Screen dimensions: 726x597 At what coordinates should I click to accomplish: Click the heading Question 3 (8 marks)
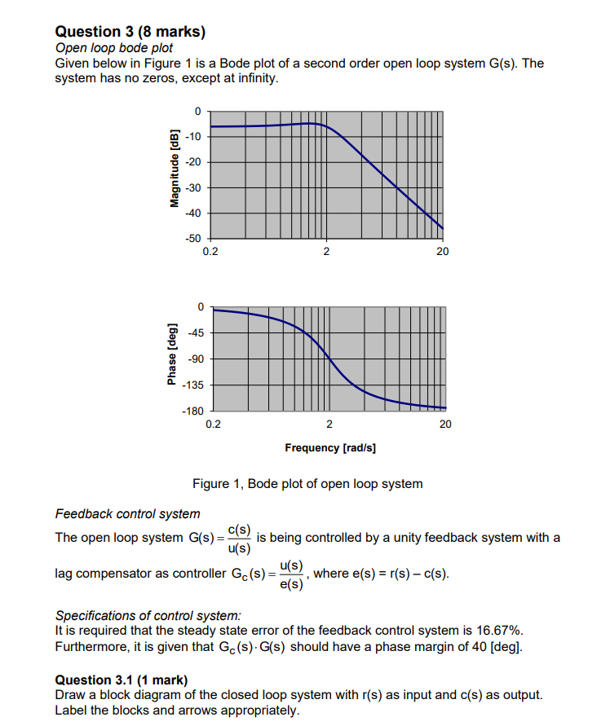click(x=130, y=32)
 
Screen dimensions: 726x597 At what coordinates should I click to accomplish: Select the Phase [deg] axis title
click(x=172, y=359)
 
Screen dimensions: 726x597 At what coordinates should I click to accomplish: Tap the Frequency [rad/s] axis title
click(x=329, y=448)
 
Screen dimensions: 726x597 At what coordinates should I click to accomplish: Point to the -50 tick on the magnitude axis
click(x=193, y=239)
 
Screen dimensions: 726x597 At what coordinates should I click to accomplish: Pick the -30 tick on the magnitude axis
click(x=193, y=188)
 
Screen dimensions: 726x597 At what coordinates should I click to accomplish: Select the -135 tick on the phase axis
click(x=192, y=385)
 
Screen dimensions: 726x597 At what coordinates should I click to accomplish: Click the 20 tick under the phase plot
click(x=445, y=425)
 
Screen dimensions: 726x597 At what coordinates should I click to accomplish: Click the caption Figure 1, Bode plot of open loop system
click(x=307, y=484)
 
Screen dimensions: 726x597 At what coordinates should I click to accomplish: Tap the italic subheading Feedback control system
click(x=127, y=514)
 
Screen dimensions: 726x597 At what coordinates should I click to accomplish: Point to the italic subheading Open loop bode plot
click(x=113, y=48)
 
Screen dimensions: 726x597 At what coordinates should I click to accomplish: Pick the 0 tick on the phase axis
click(x=199, y=306)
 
